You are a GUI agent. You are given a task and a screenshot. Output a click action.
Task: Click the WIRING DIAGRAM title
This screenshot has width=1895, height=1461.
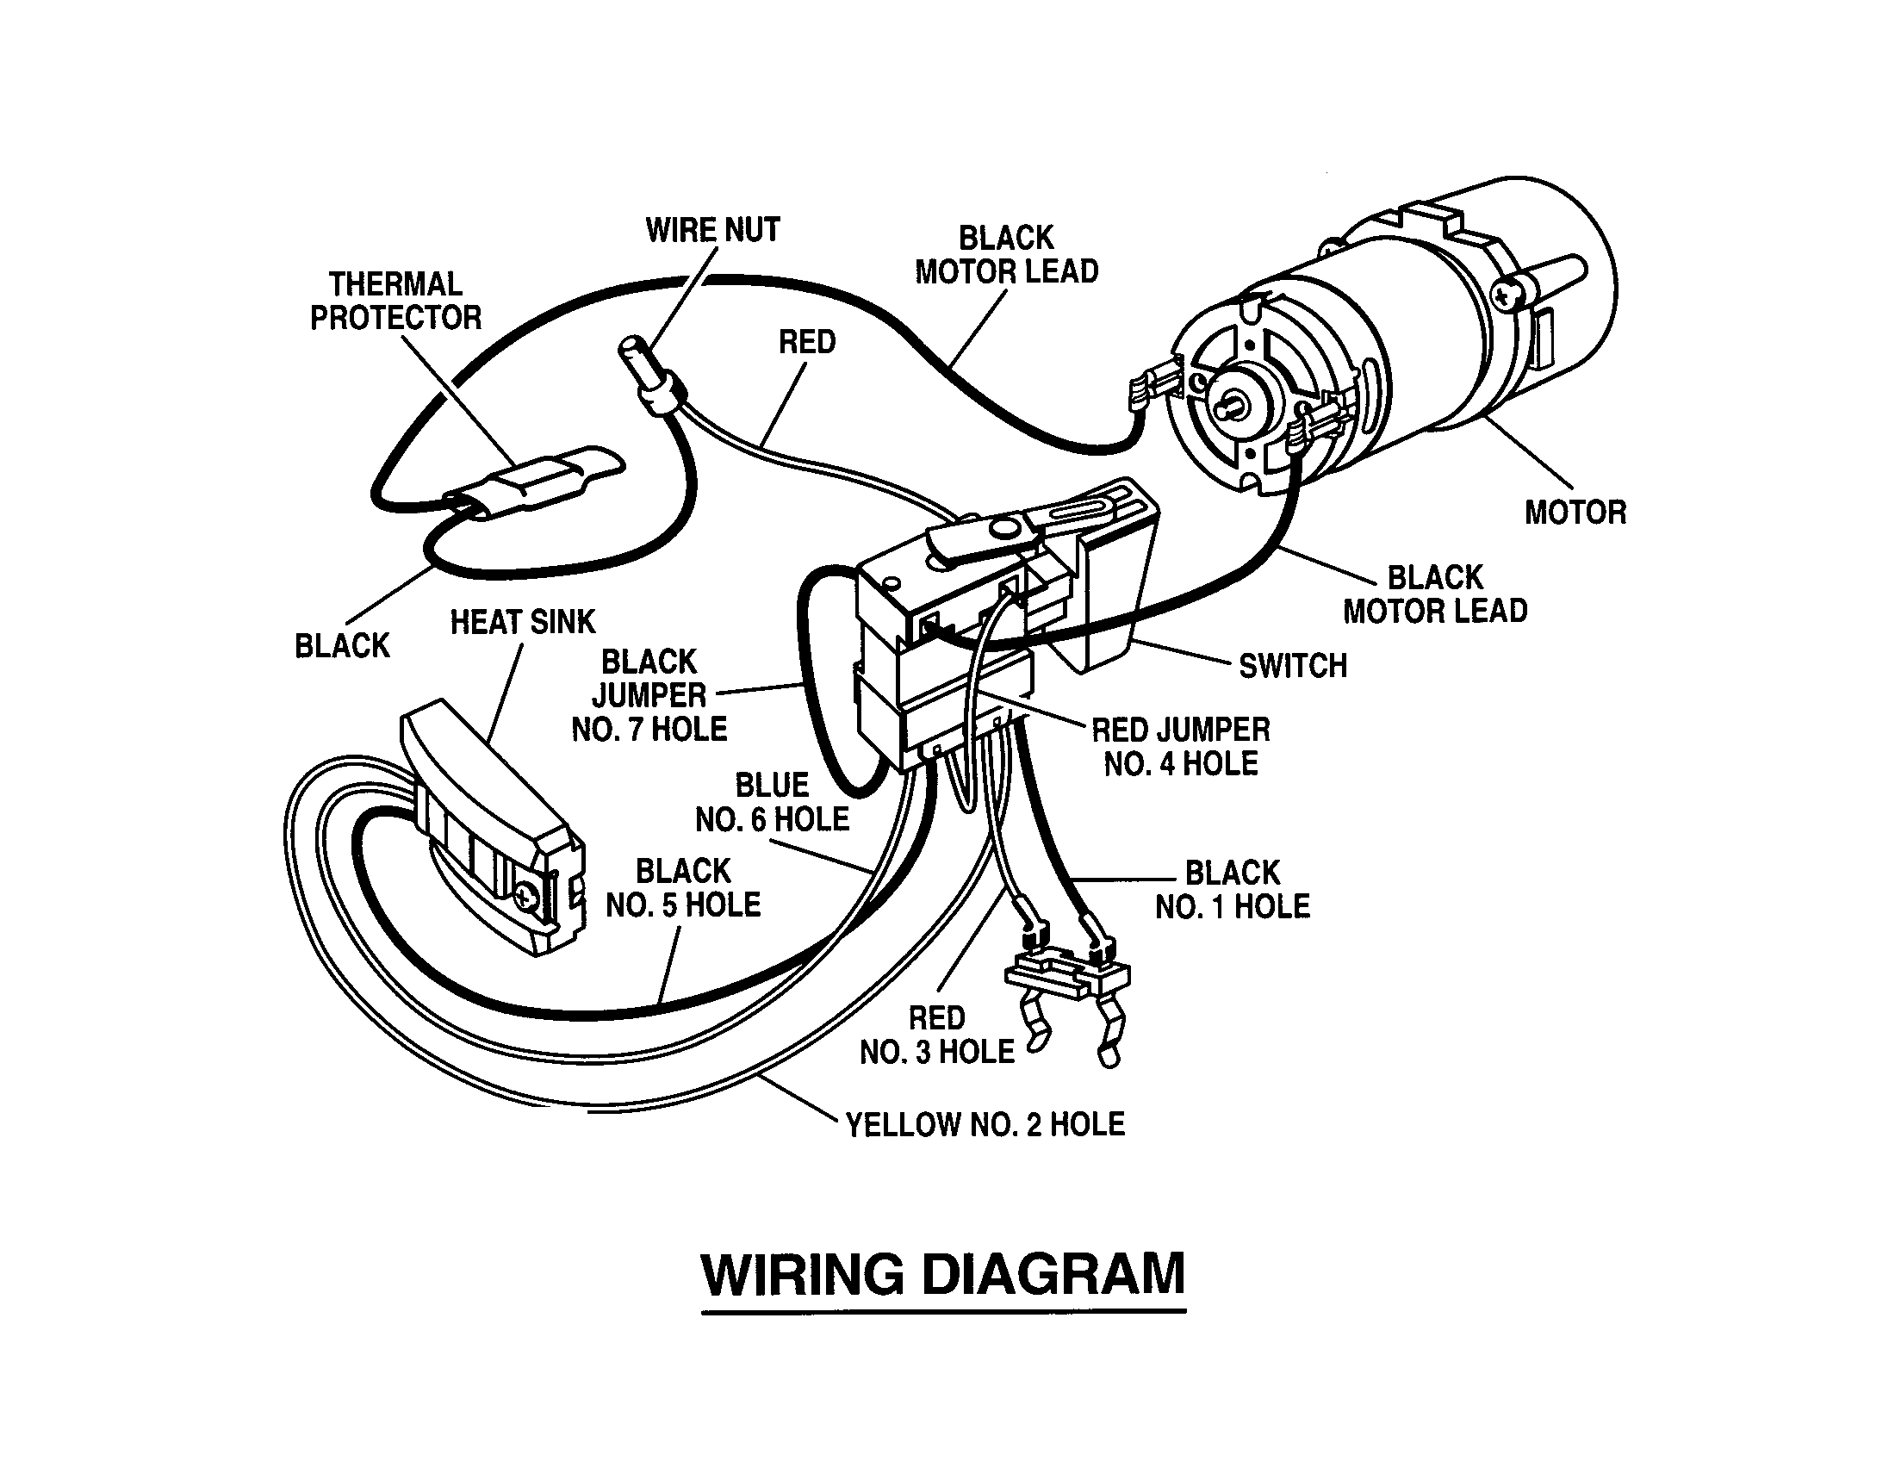click(x=943, y=1273)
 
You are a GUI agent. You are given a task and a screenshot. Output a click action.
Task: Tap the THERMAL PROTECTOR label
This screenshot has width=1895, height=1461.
click(x=395, y=301)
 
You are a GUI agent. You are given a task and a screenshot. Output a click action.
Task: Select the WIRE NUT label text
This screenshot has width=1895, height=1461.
click(x=712, y=231)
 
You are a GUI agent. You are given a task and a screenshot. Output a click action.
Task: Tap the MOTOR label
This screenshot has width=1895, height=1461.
click(x=1575, y=513)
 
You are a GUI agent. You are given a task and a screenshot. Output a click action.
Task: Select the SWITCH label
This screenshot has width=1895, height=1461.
click(x=1293, y=666)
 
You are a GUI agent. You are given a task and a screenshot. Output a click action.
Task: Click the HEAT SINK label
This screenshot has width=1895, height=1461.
click(x=522, y=622)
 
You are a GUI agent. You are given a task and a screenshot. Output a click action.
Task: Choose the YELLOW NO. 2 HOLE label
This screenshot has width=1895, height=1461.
click(x=985, y=1125)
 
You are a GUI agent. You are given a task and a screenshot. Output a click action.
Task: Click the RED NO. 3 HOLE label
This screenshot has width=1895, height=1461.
click(x=937, y=1035)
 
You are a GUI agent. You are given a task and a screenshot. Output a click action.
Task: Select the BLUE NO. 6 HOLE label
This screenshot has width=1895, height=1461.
click(x=773, y=803)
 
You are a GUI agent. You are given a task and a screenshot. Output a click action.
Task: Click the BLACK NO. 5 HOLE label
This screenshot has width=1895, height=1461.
click(x=683, y=888)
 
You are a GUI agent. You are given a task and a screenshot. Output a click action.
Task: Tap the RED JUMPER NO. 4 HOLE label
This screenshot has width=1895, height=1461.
click(x=1180, y=747)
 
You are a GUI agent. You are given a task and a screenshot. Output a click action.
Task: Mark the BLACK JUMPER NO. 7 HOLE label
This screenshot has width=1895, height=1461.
click(x=649, y=696)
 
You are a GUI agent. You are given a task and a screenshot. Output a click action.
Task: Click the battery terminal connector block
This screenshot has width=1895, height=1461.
click(x=1069, y=978)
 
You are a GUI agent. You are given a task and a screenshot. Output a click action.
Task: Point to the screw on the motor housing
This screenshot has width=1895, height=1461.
click(x=1507, y=295)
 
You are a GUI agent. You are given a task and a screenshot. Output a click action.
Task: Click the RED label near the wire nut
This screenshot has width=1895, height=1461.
click(x=806, y=343)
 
